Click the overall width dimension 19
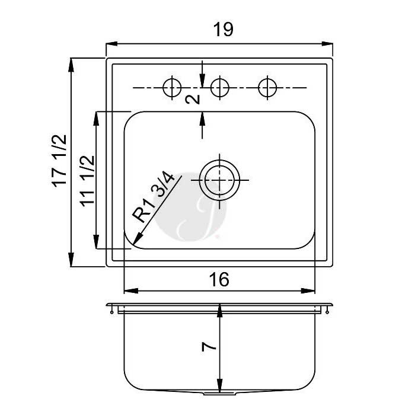point(224,30)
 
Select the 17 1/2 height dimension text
point(59,161)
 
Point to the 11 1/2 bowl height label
point(87,180)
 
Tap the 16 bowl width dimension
point(219,279)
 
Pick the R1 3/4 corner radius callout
point(154,196)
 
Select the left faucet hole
point(172,88)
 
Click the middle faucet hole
point(220,88)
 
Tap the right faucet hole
point(267,88)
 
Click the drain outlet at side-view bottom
point(219,393)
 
